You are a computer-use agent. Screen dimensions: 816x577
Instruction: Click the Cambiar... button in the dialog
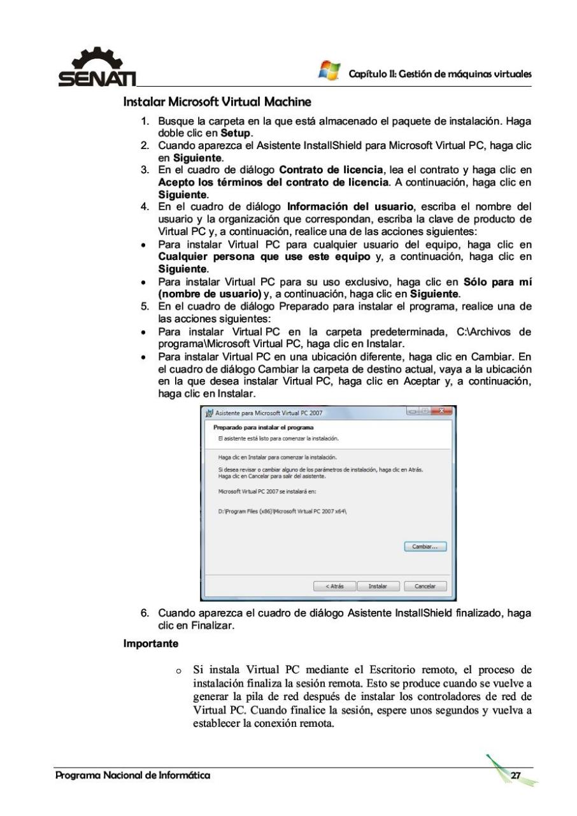425,547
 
